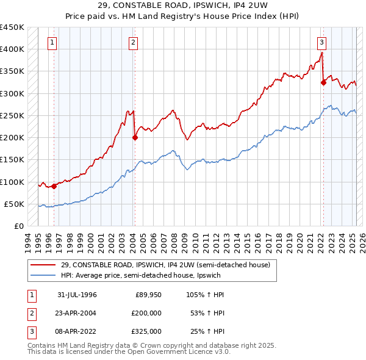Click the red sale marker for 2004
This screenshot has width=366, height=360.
[135, 137]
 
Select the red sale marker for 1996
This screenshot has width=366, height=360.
[54, 186]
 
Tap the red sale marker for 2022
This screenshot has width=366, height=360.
[323, 82]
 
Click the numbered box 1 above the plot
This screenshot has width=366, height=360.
[53, 43]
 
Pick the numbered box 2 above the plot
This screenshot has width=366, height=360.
[133, 43]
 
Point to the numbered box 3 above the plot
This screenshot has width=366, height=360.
[321, 43]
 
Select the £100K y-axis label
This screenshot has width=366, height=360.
[12, 182]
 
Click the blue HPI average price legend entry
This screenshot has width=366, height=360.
[140, 275]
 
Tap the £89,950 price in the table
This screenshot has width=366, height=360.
[148, 295]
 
